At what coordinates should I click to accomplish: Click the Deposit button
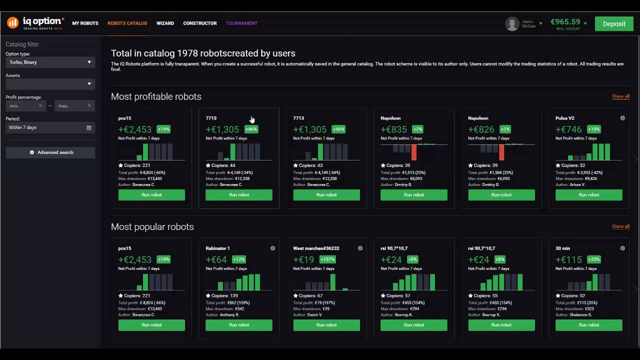(x=614, y=23)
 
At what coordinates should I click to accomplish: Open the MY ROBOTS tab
(x=85, y=23)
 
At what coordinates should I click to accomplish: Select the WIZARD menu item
(x=165, y=23)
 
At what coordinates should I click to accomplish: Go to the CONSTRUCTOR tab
(x=199, y=23)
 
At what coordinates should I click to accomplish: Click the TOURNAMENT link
(x=241, y=23)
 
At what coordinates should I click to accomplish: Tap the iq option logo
(x=35, y=23)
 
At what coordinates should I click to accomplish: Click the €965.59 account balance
(x=565, y=22)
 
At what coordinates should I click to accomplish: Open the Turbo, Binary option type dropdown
(x=50, y=62)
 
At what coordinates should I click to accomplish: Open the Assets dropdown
(x=50, y=84)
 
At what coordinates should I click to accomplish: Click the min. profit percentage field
(x=25, y=106)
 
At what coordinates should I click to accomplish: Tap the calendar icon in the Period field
(x=89, y=128)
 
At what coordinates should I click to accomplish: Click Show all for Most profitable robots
(x=620, y=96)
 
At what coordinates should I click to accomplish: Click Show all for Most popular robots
(x=620, y=226)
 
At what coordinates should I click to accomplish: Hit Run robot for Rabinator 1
(x=239, y=325)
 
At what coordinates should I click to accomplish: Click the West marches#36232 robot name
(x=316, y=248)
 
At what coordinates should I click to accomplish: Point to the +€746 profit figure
(x=568, y=129)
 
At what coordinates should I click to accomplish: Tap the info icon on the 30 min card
(x=622, y=248)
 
